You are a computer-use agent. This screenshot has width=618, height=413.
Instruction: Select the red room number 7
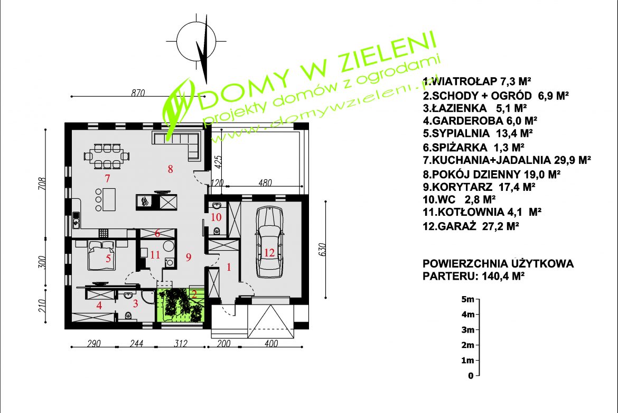click(107, 177)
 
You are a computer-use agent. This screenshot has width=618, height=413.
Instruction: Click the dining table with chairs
click(106, 155)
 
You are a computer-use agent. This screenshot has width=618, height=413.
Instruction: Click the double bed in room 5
click(100, 254)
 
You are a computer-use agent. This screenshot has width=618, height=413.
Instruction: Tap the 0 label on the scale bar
click(470, 375)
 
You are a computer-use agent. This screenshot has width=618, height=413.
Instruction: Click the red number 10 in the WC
click(216, 216)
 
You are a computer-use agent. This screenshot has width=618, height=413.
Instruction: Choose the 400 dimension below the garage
click(271, 344)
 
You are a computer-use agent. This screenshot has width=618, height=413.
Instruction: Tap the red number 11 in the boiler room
click(155, 254)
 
